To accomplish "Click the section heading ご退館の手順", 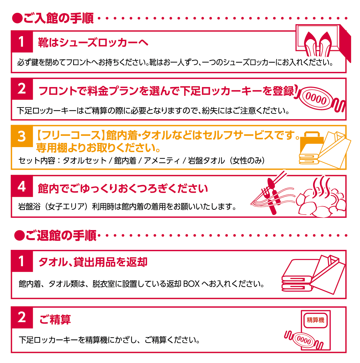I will (55, 235).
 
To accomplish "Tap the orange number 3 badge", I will (22, 136).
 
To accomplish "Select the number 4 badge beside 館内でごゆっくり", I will (22, 186).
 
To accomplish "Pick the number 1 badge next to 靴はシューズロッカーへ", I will (22, 41).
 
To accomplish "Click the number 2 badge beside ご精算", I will (22, 317).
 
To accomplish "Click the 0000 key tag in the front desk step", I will (316, 100).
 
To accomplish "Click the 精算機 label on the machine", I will (315, 320).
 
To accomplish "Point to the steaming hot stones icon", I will (321, 198).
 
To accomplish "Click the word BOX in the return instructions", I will (191, 284).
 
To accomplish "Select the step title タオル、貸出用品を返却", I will (93, 262).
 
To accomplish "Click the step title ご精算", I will (55, 319).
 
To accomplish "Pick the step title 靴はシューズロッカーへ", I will (93, 42).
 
